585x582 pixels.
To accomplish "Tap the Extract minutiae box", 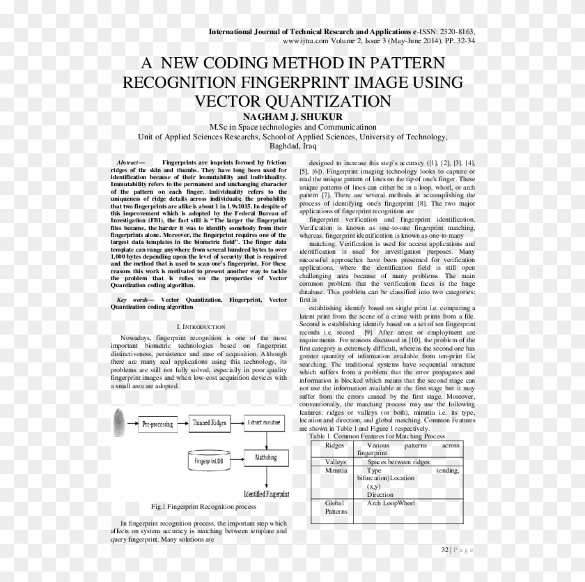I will [x=263, y=423].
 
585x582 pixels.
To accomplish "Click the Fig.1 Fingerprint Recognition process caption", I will [x=198, y=506].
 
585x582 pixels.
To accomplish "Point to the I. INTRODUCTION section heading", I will [x=201, y=326].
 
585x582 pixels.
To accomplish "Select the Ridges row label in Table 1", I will [x=334, y=445].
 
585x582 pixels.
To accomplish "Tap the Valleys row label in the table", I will [x=336, y=462].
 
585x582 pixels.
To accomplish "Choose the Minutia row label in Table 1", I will [x=335, y=471].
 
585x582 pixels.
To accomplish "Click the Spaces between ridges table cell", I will [x=398, y=462].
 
